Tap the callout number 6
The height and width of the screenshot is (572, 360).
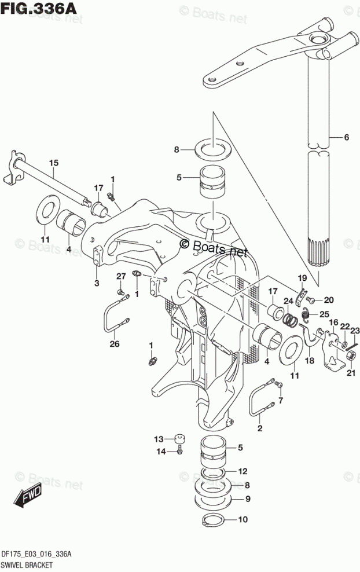click(x=346, y=137)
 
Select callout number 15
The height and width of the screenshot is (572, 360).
click(x=53, y=163)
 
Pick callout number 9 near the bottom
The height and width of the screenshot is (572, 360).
click(x=247, y=499)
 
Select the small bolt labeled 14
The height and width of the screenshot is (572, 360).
click(x=180, y=450)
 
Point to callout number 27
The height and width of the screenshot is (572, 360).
click(x=120, y=275)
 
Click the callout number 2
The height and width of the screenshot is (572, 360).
click(x=259, y=428)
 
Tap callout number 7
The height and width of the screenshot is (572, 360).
click(x=281, y=400)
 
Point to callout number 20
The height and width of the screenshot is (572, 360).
click(x=329, y=300)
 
